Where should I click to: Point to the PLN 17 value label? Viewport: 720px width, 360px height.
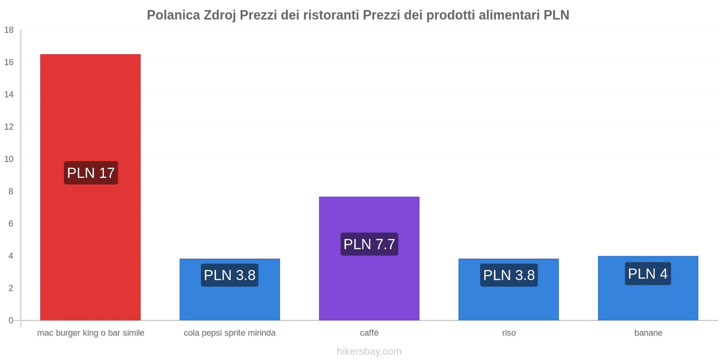tap(91, 173)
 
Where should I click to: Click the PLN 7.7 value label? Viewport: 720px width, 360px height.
tap(369, 244)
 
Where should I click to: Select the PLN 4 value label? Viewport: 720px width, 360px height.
tap(648, 274)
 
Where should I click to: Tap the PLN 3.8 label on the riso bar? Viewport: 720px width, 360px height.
tap(509, 275)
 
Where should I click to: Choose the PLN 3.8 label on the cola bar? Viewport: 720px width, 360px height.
tap(229, 275)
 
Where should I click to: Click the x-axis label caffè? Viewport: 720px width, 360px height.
tap(369, 333)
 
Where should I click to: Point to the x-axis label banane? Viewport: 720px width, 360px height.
tap(648, 333)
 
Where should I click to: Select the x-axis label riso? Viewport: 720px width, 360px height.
tap(509, 333)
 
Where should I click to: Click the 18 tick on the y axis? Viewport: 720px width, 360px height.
tap(9, 30)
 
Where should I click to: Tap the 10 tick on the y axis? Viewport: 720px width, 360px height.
tap(9, 159)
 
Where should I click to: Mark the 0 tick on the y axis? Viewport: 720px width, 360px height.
tap(11, 320)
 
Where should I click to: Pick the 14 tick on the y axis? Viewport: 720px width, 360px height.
tap(9, 94)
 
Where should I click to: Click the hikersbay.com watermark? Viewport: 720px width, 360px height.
tap(369, 351)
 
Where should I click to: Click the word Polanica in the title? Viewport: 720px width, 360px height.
tap(173, 15)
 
